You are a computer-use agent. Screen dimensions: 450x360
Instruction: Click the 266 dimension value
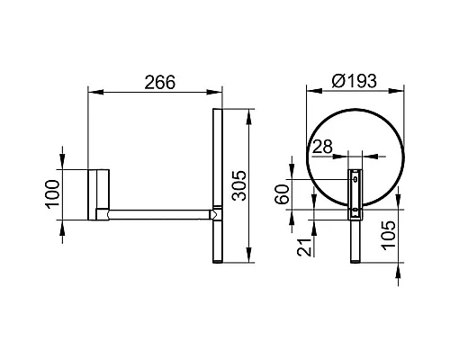[x=159, y=82]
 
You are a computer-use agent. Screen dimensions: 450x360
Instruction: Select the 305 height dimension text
[x=239, y=185]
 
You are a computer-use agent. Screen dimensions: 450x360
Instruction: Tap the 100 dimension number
[x=52, y=194]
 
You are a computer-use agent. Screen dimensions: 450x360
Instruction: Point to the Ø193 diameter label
[x=354, y=81]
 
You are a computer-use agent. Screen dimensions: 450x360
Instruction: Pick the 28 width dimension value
[x=322, y=147]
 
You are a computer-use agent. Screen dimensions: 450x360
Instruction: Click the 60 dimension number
[x=283, y=194]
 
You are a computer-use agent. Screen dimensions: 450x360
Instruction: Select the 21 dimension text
[x=304, y=247]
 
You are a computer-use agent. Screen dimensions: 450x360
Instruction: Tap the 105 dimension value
[x=389, y=235]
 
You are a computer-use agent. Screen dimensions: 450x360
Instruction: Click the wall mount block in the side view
[x=99, y=194]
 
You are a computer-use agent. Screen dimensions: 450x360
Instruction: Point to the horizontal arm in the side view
[x=159, y=215]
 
